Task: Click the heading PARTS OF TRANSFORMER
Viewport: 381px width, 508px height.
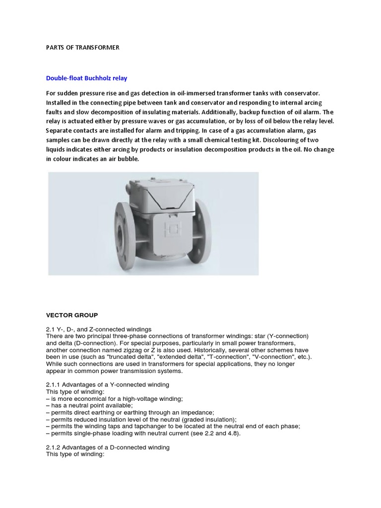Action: click(x=83, y=48)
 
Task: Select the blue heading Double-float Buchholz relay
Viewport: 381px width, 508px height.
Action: click(x=87, y=78)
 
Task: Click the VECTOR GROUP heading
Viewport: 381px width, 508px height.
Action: click(x=72, y=315)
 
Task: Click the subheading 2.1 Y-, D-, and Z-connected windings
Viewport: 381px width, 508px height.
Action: click(x=99, y=329)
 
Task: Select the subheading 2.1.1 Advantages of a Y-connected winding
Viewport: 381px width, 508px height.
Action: click(x=108, y=385)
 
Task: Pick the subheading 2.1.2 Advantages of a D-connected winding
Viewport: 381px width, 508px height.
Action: click(x=108, y=447)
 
